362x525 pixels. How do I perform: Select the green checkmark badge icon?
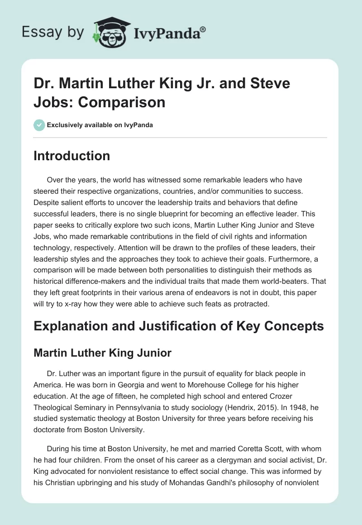[39, 125]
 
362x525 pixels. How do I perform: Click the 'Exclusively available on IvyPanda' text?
[100, 125]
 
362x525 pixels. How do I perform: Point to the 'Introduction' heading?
[72, 156]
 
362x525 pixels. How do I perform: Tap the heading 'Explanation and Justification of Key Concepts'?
[179, 325]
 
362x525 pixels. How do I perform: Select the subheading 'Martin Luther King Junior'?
[103, 353]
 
